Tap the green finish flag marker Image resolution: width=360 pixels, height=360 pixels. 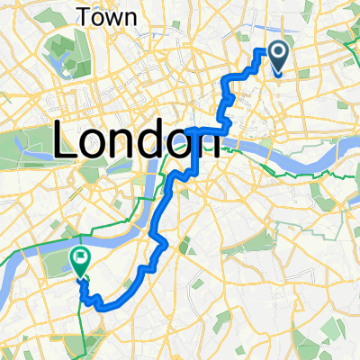(x=79, y=260)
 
